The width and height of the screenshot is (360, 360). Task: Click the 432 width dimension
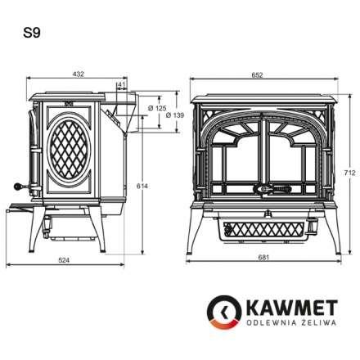pos(79,74)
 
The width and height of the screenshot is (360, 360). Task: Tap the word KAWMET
pos(281,308)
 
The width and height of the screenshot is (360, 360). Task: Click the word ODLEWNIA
pos(263,325)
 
